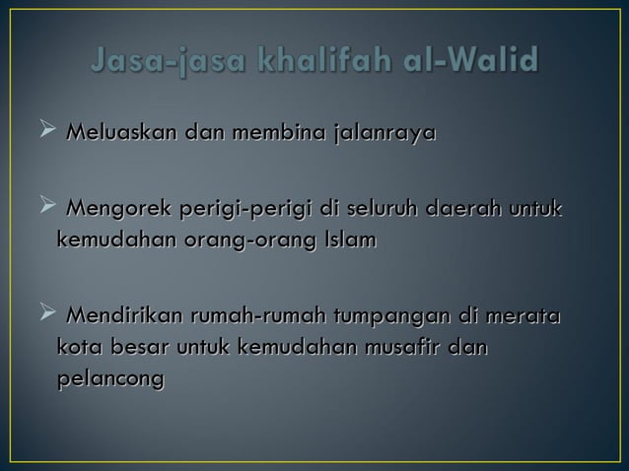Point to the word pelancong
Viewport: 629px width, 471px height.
click(x=110, y=378)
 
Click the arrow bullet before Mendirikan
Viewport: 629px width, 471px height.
click(x=45, y=316)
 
